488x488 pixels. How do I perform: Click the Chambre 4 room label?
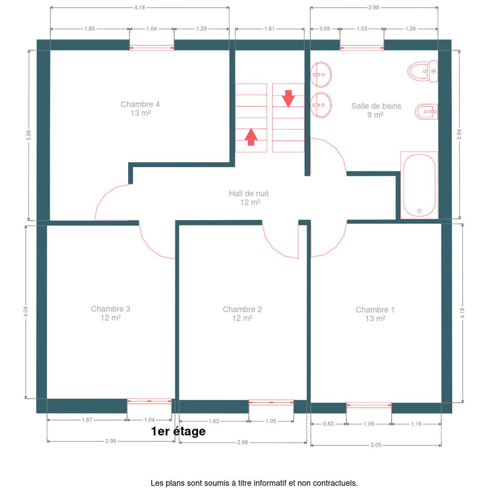coord(140,109)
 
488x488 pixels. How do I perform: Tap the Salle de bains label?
coord(376,110)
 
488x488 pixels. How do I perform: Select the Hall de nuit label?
coord(249,198)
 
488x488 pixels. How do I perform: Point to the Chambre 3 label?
coord(111,313)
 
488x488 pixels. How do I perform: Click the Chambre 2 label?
coord(242,314)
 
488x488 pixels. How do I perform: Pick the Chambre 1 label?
coord(375,314)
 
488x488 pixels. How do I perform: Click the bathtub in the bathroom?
coord(419,185)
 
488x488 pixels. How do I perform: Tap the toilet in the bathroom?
coord(423,72)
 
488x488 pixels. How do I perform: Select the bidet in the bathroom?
coord(427,111)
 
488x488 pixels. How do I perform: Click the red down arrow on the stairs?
coord(288,98)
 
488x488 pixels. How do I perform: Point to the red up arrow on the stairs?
coord(251,137)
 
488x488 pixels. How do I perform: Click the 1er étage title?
coord(178,432)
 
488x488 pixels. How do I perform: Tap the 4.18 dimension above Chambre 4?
coord(139,8)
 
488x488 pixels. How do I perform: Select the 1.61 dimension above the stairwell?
coord(270,28)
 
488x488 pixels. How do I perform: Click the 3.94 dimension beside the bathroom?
coord(459,135)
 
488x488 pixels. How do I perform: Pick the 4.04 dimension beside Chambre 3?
coord(26,312)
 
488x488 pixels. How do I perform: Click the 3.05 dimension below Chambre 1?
coord(376,445)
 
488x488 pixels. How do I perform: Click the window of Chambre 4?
coord(152,48)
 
